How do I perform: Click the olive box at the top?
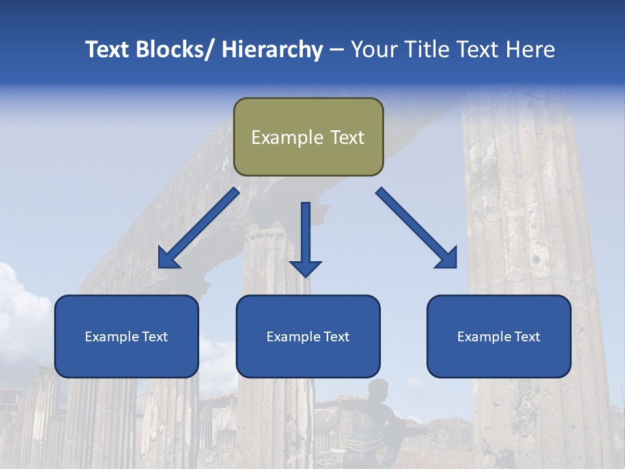tap(308, 137)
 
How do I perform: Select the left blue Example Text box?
tap(126, 337)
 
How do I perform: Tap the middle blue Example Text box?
tap(308, 337)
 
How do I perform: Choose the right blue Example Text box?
tap(499, 337)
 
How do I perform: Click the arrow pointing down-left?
tap(199, 228)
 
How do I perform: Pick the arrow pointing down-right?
tap(417, 228)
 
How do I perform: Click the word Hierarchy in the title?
tap(272, 50)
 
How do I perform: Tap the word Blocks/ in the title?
tap(174, 50)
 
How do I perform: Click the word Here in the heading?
tap(531, 50)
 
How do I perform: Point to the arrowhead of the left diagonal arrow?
tap(168, 259)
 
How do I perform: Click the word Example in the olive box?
tap(287, 137)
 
